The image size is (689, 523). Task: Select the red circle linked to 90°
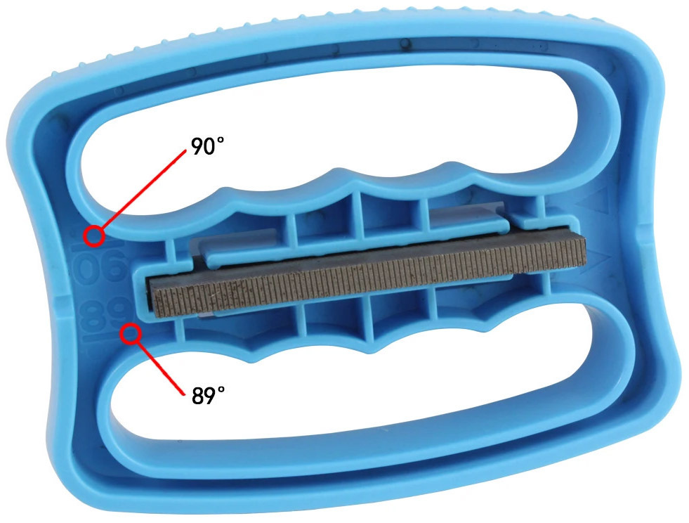94,236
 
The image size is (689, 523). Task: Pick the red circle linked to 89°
131,333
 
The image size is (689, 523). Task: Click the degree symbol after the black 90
219,140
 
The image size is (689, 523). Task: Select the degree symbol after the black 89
220,390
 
